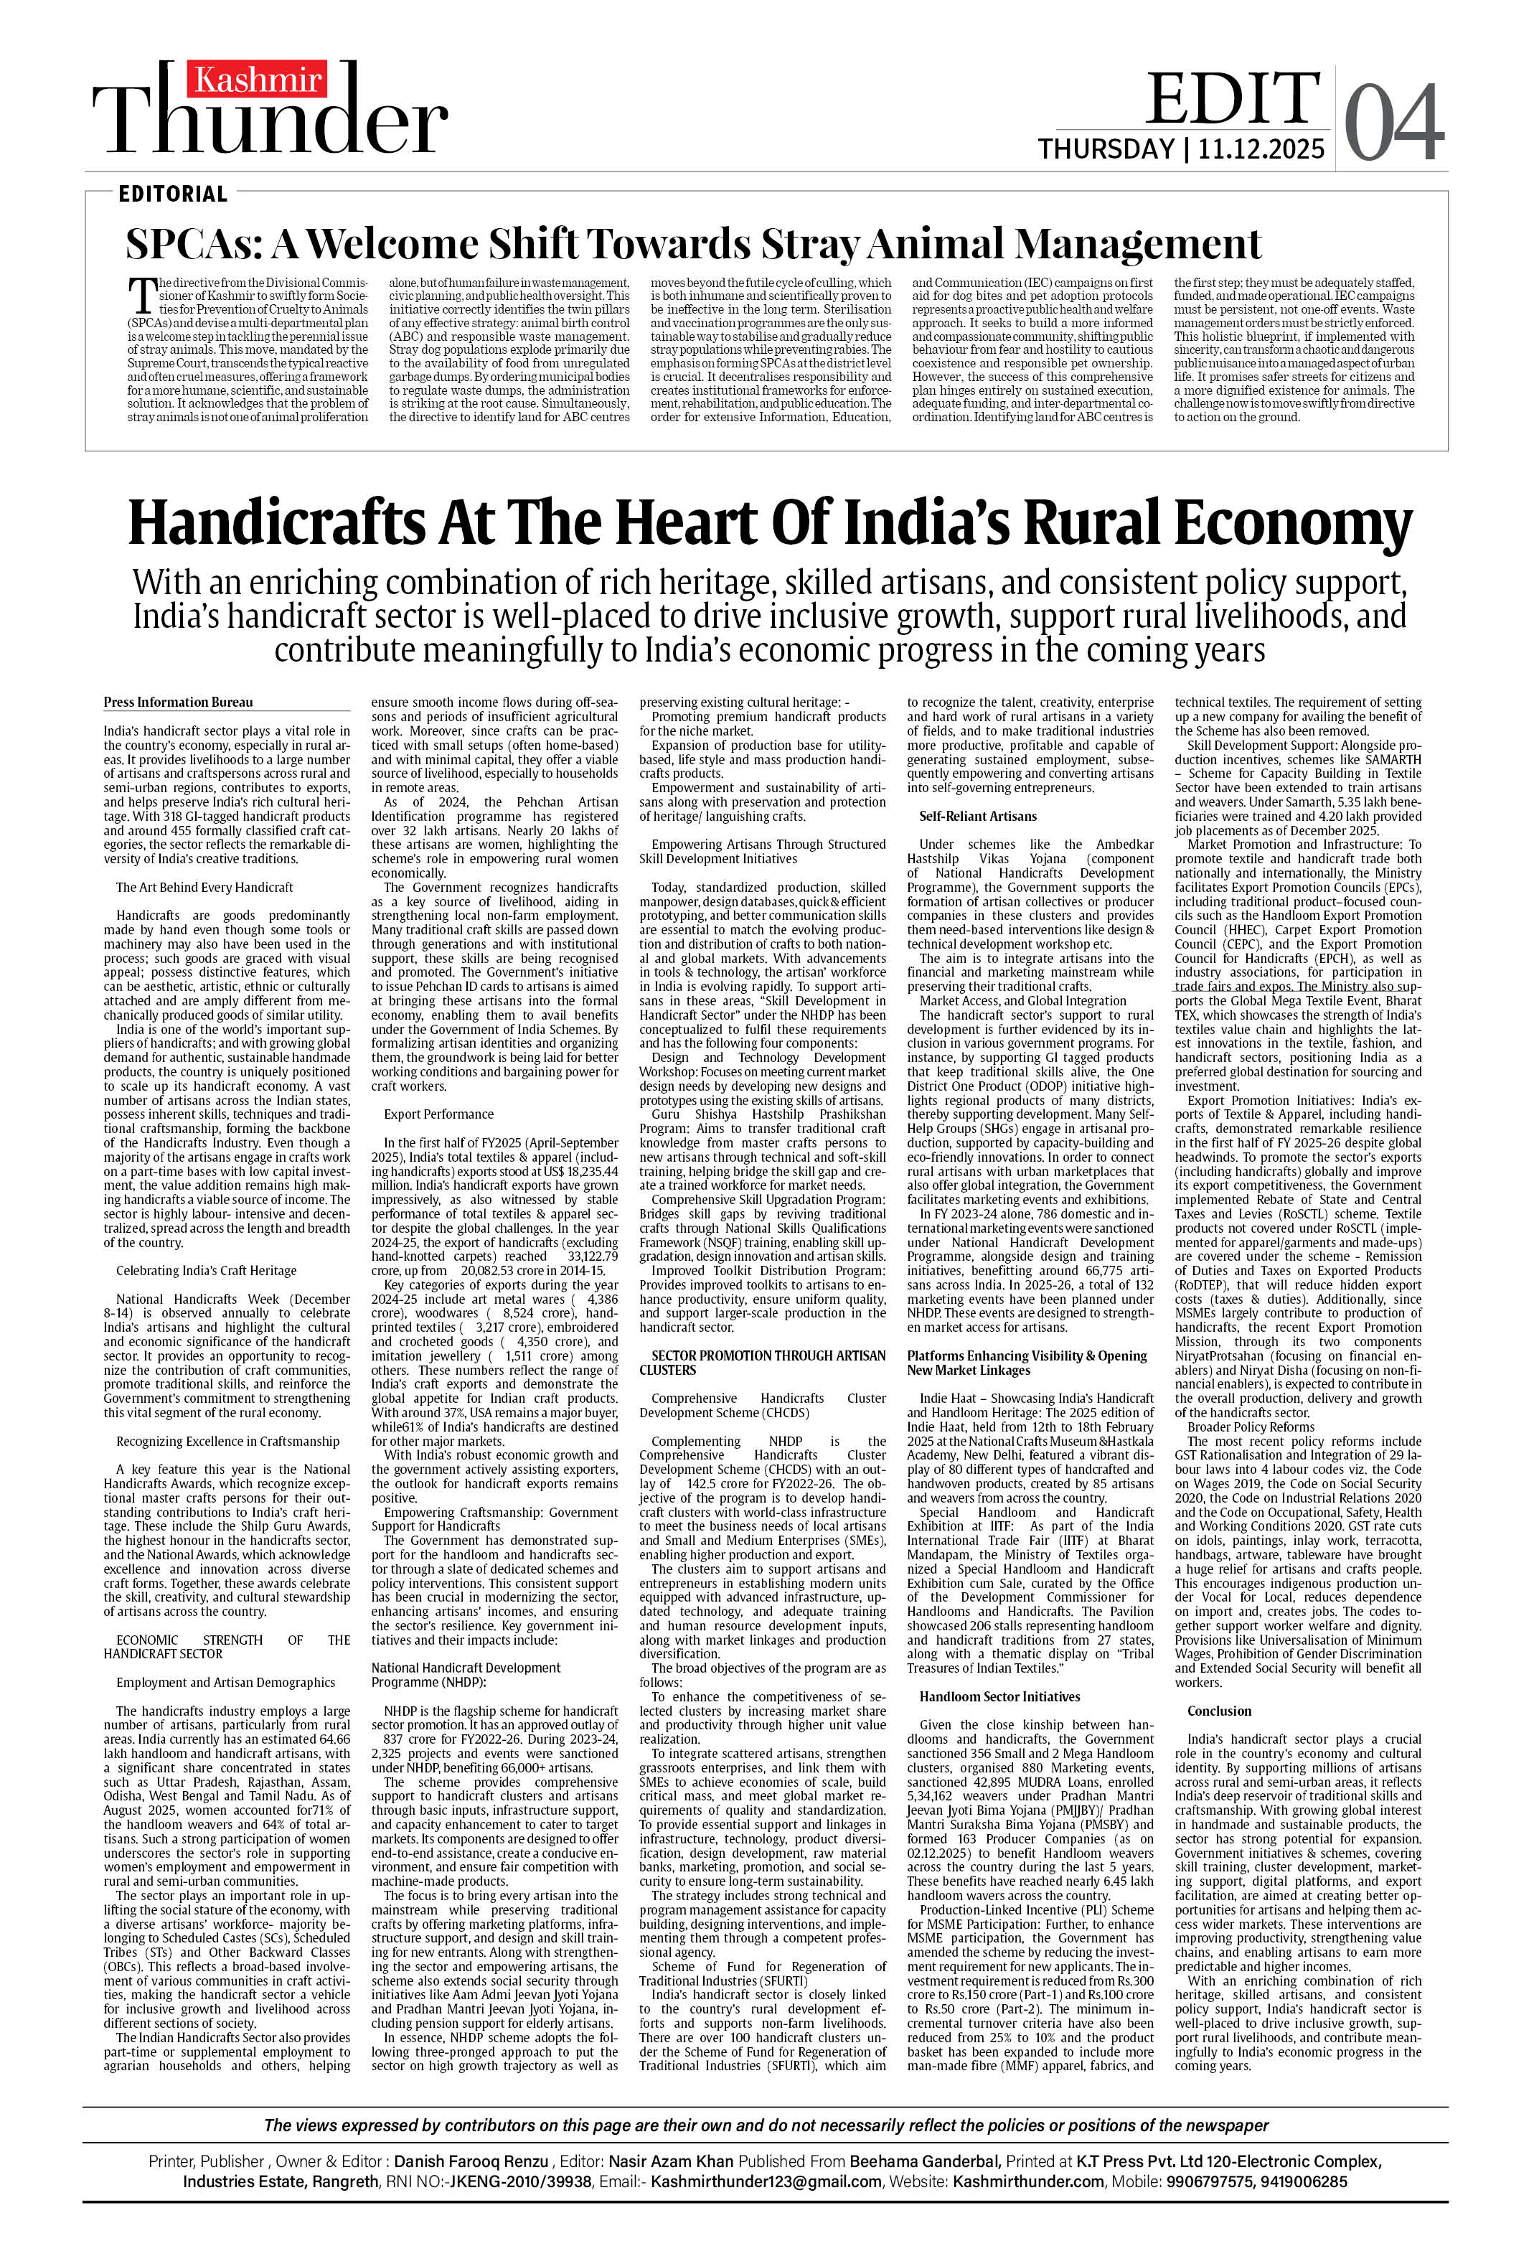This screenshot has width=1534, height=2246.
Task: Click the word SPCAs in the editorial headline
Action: (193, 245)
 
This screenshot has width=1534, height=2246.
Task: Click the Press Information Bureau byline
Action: (178, 703)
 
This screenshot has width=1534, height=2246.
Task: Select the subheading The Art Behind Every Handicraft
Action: (204, 887)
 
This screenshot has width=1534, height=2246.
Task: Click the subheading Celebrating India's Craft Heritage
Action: (206, 1271)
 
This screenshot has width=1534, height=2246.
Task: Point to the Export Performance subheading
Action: (438, 1114)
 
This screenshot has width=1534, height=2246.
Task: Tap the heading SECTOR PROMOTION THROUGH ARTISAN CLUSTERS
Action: (762, 1363)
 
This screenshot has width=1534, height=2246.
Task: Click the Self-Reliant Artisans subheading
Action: (977, 817)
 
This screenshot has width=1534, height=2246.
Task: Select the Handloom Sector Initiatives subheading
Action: (999, 1696)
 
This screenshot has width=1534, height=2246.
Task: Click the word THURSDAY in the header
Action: (1105, 150)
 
